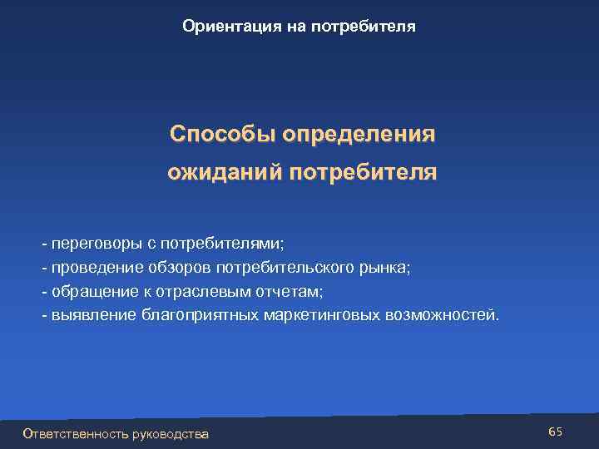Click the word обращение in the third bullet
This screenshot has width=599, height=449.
(89, 292)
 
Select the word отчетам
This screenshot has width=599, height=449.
(277, 292)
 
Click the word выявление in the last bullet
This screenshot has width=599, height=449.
(91, 315)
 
